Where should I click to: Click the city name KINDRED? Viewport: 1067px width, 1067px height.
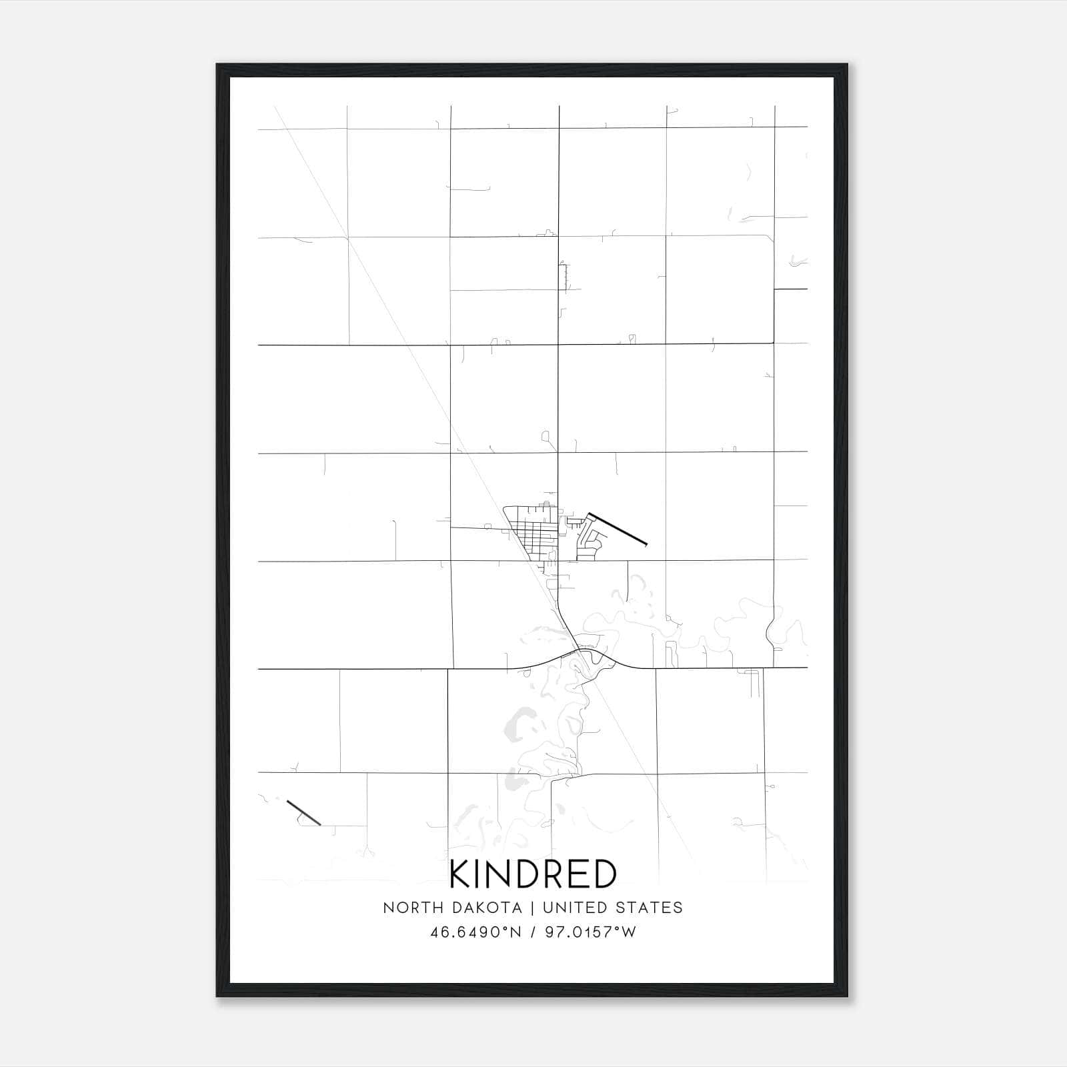pos(533,874)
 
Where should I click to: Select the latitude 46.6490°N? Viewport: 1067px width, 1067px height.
pos(475,932)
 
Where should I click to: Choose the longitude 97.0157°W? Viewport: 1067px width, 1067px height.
pos(591,932)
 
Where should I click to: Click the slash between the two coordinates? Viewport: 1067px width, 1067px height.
pos(533,932)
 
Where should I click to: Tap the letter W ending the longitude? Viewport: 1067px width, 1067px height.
pos(629,932)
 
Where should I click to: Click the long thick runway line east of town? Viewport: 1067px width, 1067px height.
pos(617,529)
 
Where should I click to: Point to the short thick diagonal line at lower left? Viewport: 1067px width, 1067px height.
pos(303,812)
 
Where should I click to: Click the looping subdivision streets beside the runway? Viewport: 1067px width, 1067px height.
pos(587,540)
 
